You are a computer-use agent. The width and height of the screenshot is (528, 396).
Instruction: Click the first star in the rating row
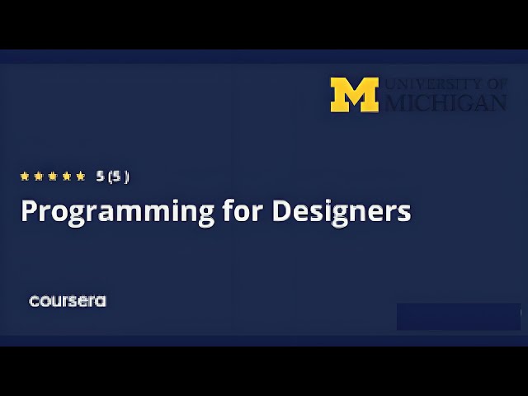click(25, 176)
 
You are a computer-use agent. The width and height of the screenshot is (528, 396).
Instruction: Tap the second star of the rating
click(39, 176)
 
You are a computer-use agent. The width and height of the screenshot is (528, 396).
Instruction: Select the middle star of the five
click(53, 176)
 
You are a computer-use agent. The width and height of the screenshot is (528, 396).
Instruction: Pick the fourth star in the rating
click(67, 176)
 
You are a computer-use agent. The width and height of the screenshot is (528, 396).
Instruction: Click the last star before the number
click(81, 176)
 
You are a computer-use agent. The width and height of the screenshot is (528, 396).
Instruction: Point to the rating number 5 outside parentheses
click(100, 176)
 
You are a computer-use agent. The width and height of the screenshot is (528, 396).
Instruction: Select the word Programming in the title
click(118, 211)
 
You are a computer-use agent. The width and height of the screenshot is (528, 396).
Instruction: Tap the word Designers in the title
click(341, 211)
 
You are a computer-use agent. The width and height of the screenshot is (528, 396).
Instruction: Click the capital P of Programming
click(29, 211)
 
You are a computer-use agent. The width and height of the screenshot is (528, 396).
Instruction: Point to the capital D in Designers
click(281, 211)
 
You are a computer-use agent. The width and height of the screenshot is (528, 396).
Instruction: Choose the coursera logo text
click(68, 301)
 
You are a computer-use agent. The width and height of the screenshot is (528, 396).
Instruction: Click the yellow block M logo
click(355, 95)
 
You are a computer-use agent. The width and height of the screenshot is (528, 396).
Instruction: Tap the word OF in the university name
click(497, 84)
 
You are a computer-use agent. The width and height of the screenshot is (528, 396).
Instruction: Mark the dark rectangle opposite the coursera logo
click(459, 316)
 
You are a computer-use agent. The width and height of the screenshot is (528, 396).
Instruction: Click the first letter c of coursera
click(34, 301)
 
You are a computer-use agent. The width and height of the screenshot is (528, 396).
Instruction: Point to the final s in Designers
click(404, 213)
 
